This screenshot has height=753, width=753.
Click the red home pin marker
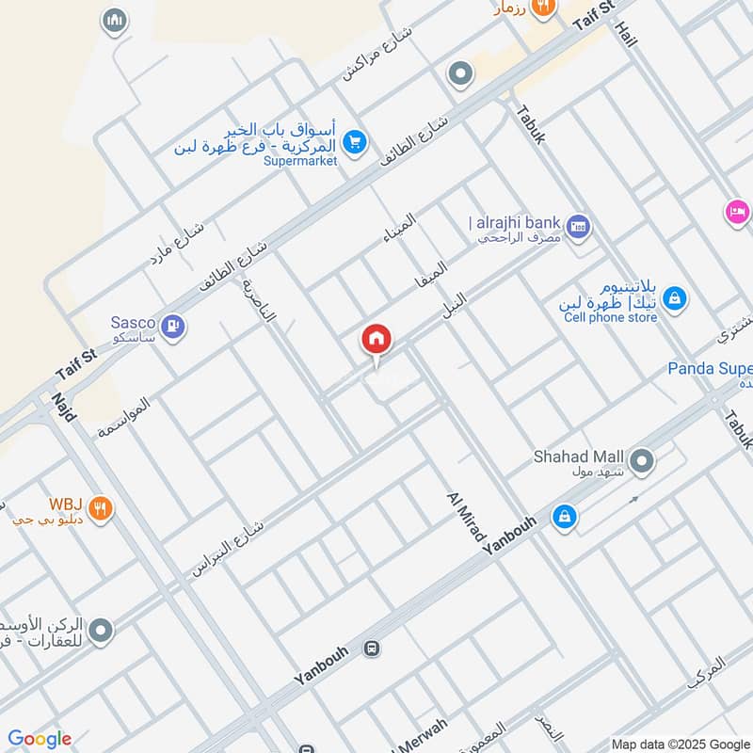376,340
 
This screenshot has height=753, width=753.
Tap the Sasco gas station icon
173,327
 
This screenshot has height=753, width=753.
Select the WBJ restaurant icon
102,509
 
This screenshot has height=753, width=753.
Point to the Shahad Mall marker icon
643,461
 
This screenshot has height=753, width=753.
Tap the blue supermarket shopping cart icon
354,141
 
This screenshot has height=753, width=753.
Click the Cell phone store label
610,317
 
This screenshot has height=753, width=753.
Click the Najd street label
63,407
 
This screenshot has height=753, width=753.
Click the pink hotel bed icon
737,211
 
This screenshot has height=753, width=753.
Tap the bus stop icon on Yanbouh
373,649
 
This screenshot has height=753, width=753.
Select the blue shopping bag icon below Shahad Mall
565,517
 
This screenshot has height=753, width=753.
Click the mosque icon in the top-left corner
116,19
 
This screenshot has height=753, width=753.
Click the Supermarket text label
300,161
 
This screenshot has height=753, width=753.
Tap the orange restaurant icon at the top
543,8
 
